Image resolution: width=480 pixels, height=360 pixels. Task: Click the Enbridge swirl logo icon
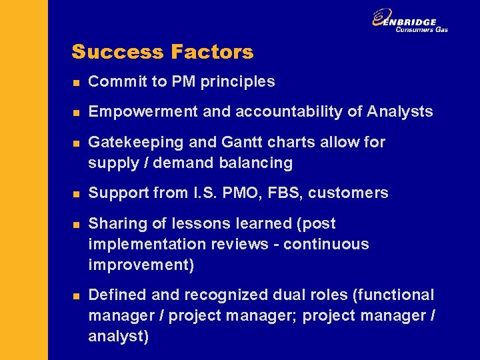click(x=381, y=19)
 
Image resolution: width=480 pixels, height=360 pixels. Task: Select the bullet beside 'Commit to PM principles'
click(x=76, y=83)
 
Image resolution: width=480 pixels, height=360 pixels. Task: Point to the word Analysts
click(x=400, y=112)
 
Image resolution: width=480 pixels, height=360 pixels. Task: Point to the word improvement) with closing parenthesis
click(x=141, y=265)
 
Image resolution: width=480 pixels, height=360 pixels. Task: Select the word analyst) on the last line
click(x=119, y=336)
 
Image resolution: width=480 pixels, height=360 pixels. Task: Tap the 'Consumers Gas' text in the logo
click(x=421, y=29)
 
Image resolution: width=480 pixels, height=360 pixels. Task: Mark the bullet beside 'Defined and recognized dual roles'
click(x=76, y=296)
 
